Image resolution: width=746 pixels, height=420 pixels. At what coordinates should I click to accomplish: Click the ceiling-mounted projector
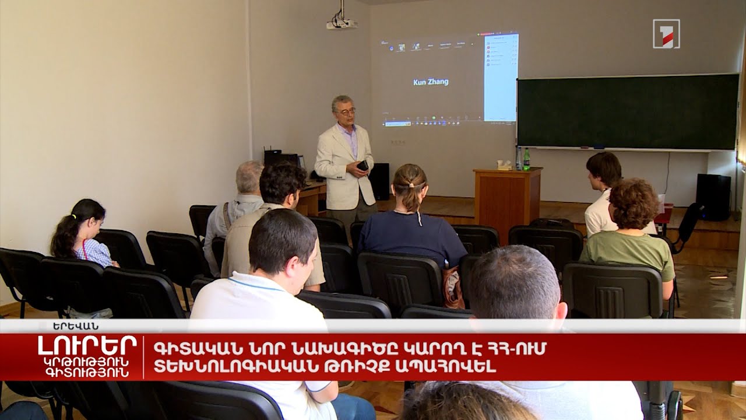pos(342,24)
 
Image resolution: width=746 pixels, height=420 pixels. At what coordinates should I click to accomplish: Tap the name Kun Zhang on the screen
pos(431,82)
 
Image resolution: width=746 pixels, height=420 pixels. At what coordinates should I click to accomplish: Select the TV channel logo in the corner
pos(666,34)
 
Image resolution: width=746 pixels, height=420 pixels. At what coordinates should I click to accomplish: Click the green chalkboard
pos(627,111)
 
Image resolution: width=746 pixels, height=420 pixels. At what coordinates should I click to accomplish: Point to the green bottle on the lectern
pos(527,159)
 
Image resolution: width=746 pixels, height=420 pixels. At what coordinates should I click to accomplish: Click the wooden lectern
pos(506,201)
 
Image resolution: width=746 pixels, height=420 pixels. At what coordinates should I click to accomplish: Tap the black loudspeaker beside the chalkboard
pos(713,197)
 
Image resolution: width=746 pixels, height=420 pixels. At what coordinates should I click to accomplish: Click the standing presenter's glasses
pos(346,111)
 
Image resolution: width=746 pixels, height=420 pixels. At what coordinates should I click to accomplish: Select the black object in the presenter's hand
pos(363,166)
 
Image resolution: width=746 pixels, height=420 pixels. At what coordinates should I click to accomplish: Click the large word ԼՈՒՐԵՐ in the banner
pos(87,345)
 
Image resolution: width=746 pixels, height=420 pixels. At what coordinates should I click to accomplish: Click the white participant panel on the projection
pos(501,77)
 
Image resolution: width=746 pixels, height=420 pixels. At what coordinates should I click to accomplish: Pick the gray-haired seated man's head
pos(250,177)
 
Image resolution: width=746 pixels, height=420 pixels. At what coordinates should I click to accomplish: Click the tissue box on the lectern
pos(503,165)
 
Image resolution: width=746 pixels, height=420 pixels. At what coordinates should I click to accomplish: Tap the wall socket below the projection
pos(398,142)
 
